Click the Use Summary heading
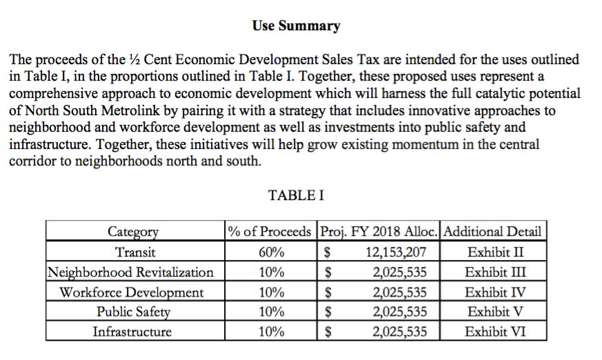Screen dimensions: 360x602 click(x=296, y=26)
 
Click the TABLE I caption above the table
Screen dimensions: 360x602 click(x=296, y=195)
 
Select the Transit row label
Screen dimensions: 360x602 click(x=134, y=252)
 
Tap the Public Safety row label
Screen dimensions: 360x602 click(x=133, y=312)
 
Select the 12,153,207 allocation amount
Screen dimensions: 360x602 click(x=396, y=252)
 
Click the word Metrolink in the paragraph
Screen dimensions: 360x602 click(x=137, y=111)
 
